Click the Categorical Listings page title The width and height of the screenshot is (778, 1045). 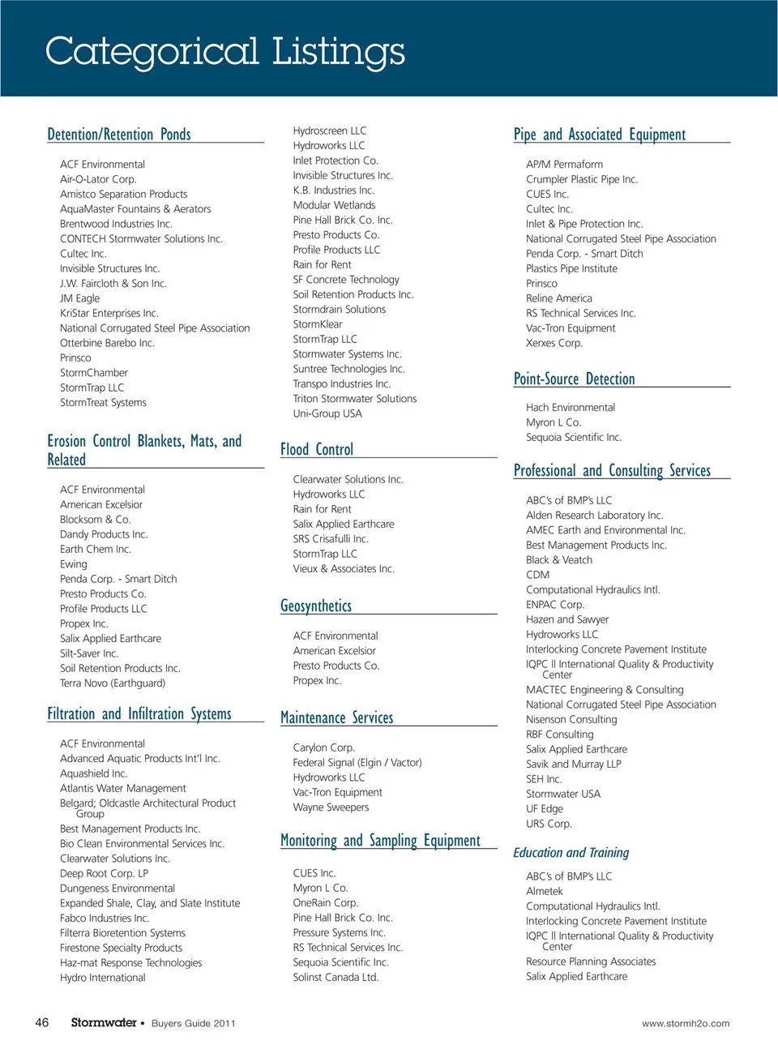(x=224, y=51)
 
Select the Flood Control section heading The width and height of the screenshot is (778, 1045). (x=317, y=449)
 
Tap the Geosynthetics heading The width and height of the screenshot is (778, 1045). (x=316, y=606)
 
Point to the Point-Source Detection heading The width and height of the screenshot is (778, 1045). (x=574, y=379)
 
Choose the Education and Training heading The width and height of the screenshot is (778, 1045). (x=571, y=852)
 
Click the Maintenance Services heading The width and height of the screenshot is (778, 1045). (x=336, y=717)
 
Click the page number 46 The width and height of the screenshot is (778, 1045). (x=42, y=1022)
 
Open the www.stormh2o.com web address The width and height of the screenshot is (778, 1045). (x=685, y=1023)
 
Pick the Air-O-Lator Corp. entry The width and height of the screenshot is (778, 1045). (x=98, y=179)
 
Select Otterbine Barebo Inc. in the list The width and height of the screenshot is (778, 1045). (x=107, y=343)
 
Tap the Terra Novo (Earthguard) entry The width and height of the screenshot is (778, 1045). (x=113, y=683)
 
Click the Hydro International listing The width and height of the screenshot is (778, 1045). (x=103, y=978)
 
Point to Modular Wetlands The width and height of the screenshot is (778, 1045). (x=334, y=205)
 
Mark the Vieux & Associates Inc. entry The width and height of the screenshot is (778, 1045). (x=344, y=568)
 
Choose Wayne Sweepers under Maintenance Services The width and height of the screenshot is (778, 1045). (x=331, y=807)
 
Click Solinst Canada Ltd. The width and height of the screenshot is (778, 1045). (x=336, y=977)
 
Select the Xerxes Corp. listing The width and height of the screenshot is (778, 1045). (x=554, y=343)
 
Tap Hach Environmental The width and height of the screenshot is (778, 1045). (x=571, y=407)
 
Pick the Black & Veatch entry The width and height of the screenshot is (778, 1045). (x=559, y=559)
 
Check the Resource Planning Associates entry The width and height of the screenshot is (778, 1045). (x=591, y=961)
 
